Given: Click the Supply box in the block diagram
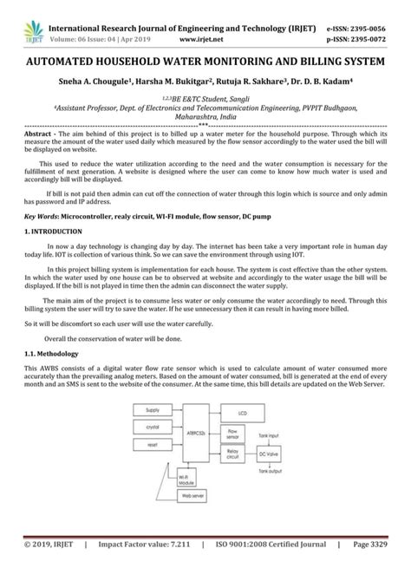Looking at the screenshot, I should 152,434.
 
